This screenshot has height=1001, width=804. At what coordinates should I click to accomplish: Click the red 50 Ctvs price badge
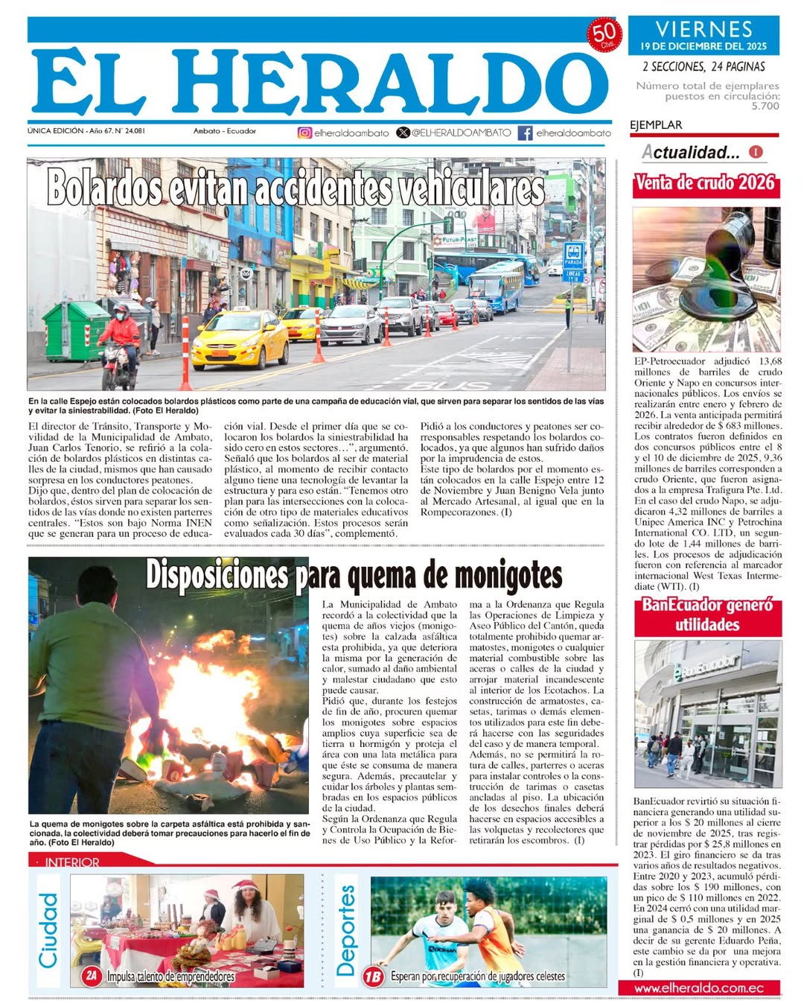pos(604,34)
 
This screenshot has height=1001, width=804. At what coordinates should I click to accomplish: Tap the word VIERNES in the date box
pos(703,30)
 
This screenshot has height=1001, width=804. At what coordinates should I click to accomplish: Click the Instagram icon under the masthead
pos(304,133)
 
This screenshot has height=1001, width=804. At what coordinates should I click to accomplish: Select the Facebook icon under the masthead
pos(525,133)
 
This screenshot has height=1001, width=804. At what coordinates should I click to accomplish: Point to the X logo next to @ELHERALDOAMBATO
pos(403,133)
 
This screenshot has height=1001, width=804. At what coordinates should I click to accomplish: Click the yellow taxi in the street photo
pos(240,340)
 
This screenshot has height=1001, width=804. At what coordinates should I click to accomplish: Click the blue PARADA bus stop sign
pos(573,255)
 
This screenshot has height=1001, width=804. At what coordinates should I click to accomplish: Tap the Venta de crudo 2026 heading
pos(705,183)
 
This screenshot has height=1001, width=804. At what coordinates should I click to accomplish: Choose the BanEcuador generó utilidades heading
pos(707,615)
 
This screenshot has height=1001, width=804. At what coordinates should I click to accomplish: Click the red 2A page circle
pos(92,976)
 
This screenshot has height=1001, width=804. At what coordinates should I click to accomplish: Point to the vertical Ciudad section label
pos(48,931)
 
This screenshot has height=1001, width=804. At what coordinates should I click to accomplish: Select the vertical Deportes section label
pos(346,931)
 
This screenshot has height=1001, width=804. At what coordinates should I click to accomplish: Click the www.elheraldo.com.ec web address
pos(699,988)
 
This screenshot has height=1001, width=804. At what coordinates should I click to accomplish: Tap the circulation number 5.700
pos(765,107)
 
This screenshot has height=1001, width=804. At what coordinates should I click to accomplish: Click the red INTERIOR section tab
pos(71,862)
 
